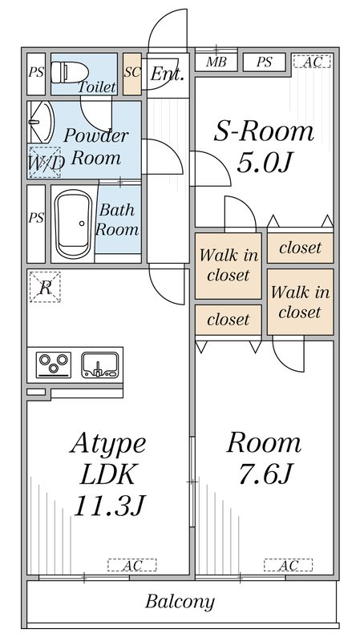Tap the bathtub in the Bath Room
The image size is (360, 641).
coord(73,224)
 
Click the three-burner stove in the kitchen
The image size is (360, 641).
coord(54,365)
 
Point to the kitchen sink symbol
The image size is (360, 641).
coord(100,365)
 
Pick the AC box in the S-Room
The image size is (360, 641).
coord(309,62)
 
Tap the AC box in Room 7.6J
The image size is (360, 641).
coord(288,565)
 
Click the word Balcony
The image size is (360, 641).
coord(180,601)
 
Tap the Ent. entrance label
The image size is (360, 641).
coord(168,76)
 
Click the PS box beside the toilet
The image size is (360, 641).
coord(36,73)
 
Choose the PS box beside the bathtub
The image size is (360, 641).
coord(36,218)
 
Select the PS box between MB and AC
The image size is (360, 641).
coord(262,62)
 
